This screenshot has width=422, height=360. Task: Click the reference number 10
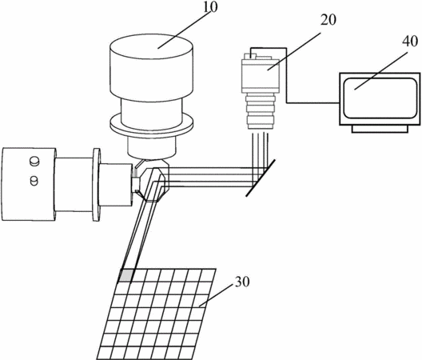click(209, 7)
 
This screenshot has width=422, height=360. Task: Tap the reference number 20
click(328, 20)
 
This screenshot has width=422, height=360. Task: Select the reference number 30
click(242, 282)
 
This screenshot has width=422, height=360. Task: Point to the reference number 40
click(410, 42)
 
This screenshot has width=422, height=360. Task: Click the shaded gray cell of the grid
click(126, 276)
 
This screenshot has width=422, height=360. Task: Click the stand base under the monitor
click(380, 129)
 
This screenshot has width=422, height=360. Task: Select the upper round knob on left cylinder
click(34, 162)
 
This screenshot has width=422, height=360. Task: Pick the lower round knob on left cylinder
click(34, 180)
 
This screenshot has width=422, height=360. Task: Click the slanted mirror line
click(261, 178)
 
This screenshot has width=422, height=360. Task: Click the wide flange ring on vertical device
click(152, 124)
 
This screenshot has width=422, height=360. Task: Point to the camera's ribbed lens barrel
click(261, 111)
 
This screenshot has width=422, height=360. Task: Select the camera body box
click(261, 75)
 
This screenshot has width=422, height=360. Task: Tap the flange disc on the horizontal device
click(97, 185)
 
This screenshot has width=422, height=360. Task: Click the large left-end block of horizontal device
click(29, 184)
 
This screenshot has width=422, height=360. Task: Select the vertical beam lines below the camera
click(261, 156)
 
